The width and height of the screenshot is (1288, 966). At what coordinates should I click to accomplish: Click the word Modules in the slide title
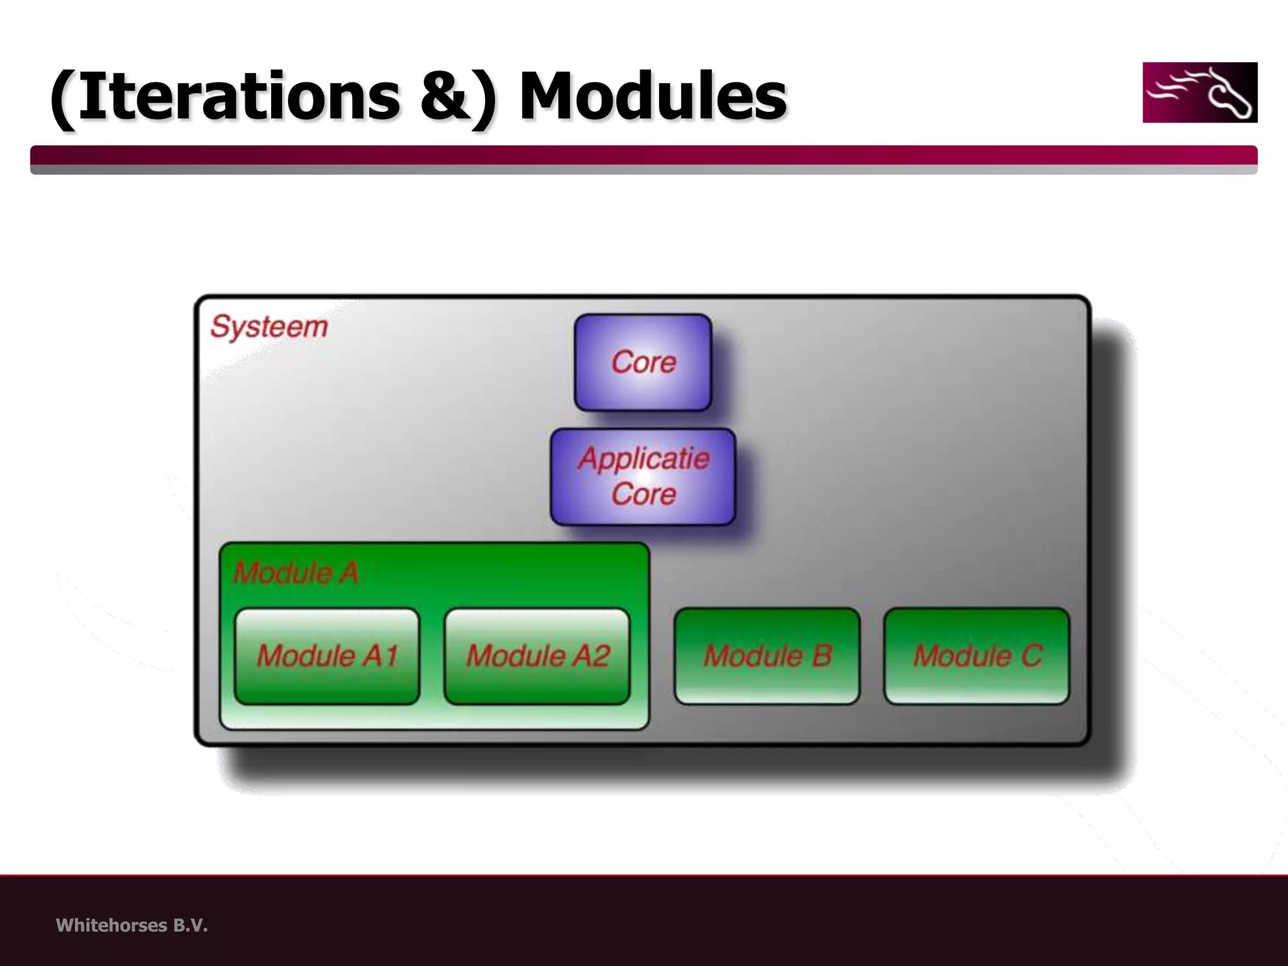coord(652,97)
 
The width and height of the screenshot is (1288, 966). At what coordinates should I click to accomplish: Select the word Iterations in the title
coord(239,97)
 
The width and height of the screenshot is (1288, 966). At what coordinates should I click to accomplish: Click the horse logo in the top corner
coord(1199,92)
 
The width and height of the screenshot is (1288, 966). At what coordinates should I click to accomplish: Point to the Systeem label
coord(269,326)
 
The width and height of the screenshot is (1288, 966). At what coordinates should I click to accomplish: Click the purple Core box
coord(643,363)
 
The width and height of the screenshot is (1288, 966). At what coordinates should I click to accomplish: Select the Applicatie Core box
coord(643,477)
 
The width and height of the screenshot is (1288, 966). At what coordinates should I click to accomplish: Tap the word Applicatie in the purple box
coord(644,459)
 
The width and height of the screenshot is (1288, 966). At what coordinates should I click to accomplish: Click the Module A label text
coord(296,573)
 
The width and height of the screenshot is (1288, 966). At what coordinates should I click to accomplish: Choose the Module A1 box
coord(326,656)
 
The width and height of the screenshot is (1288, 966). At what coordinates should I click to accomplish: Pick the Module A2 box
coord(536,656)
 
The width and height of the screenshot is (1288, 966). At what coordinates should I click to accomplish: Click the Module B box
coord(767,656)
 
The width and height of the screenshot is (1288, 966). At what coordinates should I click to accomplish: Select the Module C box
coord(976,656)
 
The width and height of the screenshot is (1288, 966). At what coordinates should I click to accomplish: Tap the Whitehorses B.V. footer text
coord(131,925)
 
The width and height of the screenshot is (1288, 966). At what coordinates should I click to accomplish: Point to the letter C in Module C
coord(1031,656)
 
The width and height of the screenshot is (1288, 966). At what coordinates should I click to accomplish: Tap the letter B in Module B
coord(821,656)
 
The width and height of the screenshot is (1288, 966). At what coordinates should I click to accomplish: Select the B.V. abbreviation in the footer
coord(190,925)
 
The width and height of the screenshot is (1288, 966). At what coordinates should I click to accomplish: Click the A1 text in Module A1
coord(381,656)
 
